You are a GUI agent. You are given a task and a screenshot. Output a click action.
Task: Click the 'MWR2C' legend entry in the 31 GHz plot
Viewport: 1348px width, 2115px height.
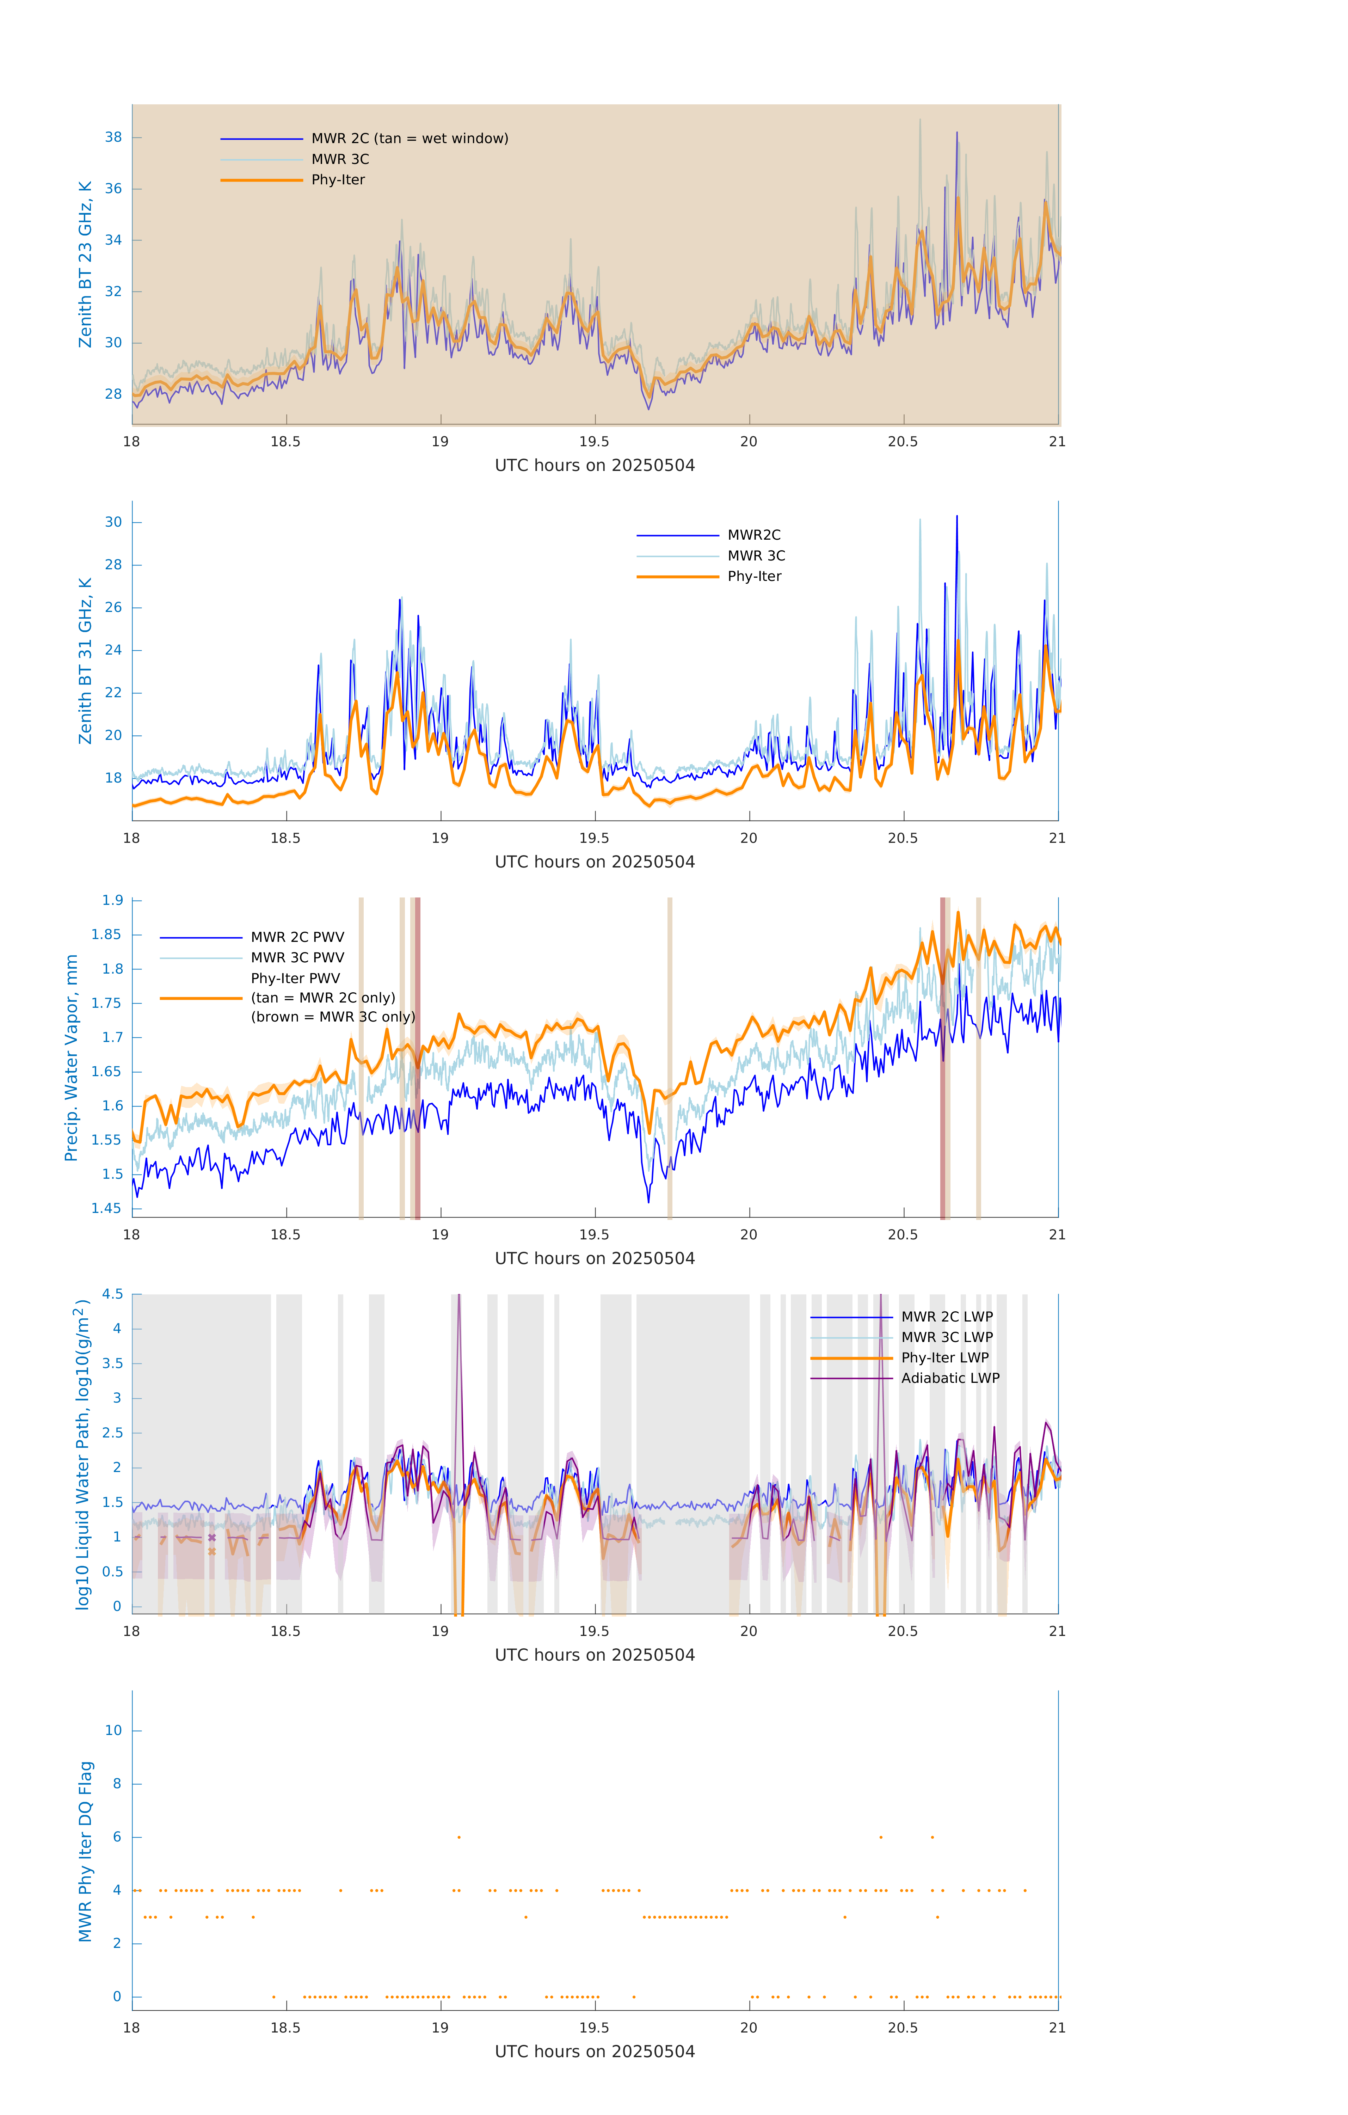[x=753, y=535]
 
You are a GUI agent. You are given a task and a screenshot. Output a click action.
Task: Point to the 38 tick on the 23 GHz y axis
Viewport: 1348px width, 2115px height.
[x=113, y=137]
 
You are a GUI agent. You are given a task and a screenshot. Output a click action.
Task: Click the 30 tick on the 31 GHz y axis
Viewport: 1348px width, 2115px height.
[x=113, y=522]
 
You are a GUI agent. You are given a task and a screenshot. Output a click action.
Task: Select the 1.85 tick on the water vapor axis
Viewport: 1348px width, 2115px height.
[x=106, y=934]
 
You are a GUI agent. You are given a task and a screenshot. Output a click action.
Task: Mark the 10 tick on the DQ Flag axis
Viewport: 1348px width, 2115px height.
[x=113, y=1730]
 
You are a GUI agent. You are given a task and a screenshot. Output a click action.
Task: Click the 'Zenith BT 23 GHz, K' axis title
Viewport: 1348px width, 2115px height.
[x=85, y=264]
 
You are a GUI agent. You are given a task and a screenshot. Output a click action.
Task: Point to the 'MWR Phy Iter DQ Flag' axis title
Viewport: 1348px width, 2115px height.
[x=85, y=1851]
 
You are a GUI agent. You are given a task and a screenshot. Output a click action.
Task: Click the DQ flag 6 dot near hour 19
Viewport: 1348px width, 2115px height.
[x=458, y=1837]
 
